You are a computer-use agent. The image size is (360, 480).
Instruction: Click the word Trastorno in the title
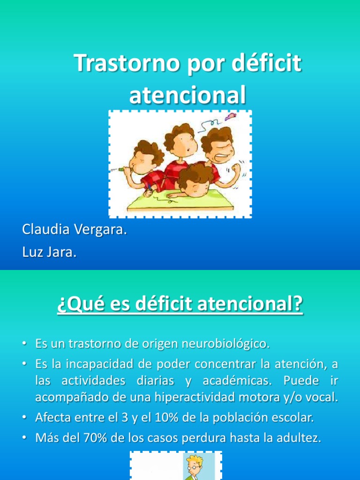click(127, 64)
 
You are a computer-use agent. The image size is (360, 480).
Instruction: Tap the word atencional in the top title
click(187, 95)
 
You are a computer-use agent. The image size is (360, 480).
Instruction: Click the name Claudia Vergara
click(75, 230)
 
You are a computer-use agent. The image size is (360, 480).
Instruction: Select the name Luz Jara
click(49, 252)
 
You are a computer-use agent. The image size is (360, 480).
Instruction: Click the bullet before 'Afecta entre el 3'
click(24, 417)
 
